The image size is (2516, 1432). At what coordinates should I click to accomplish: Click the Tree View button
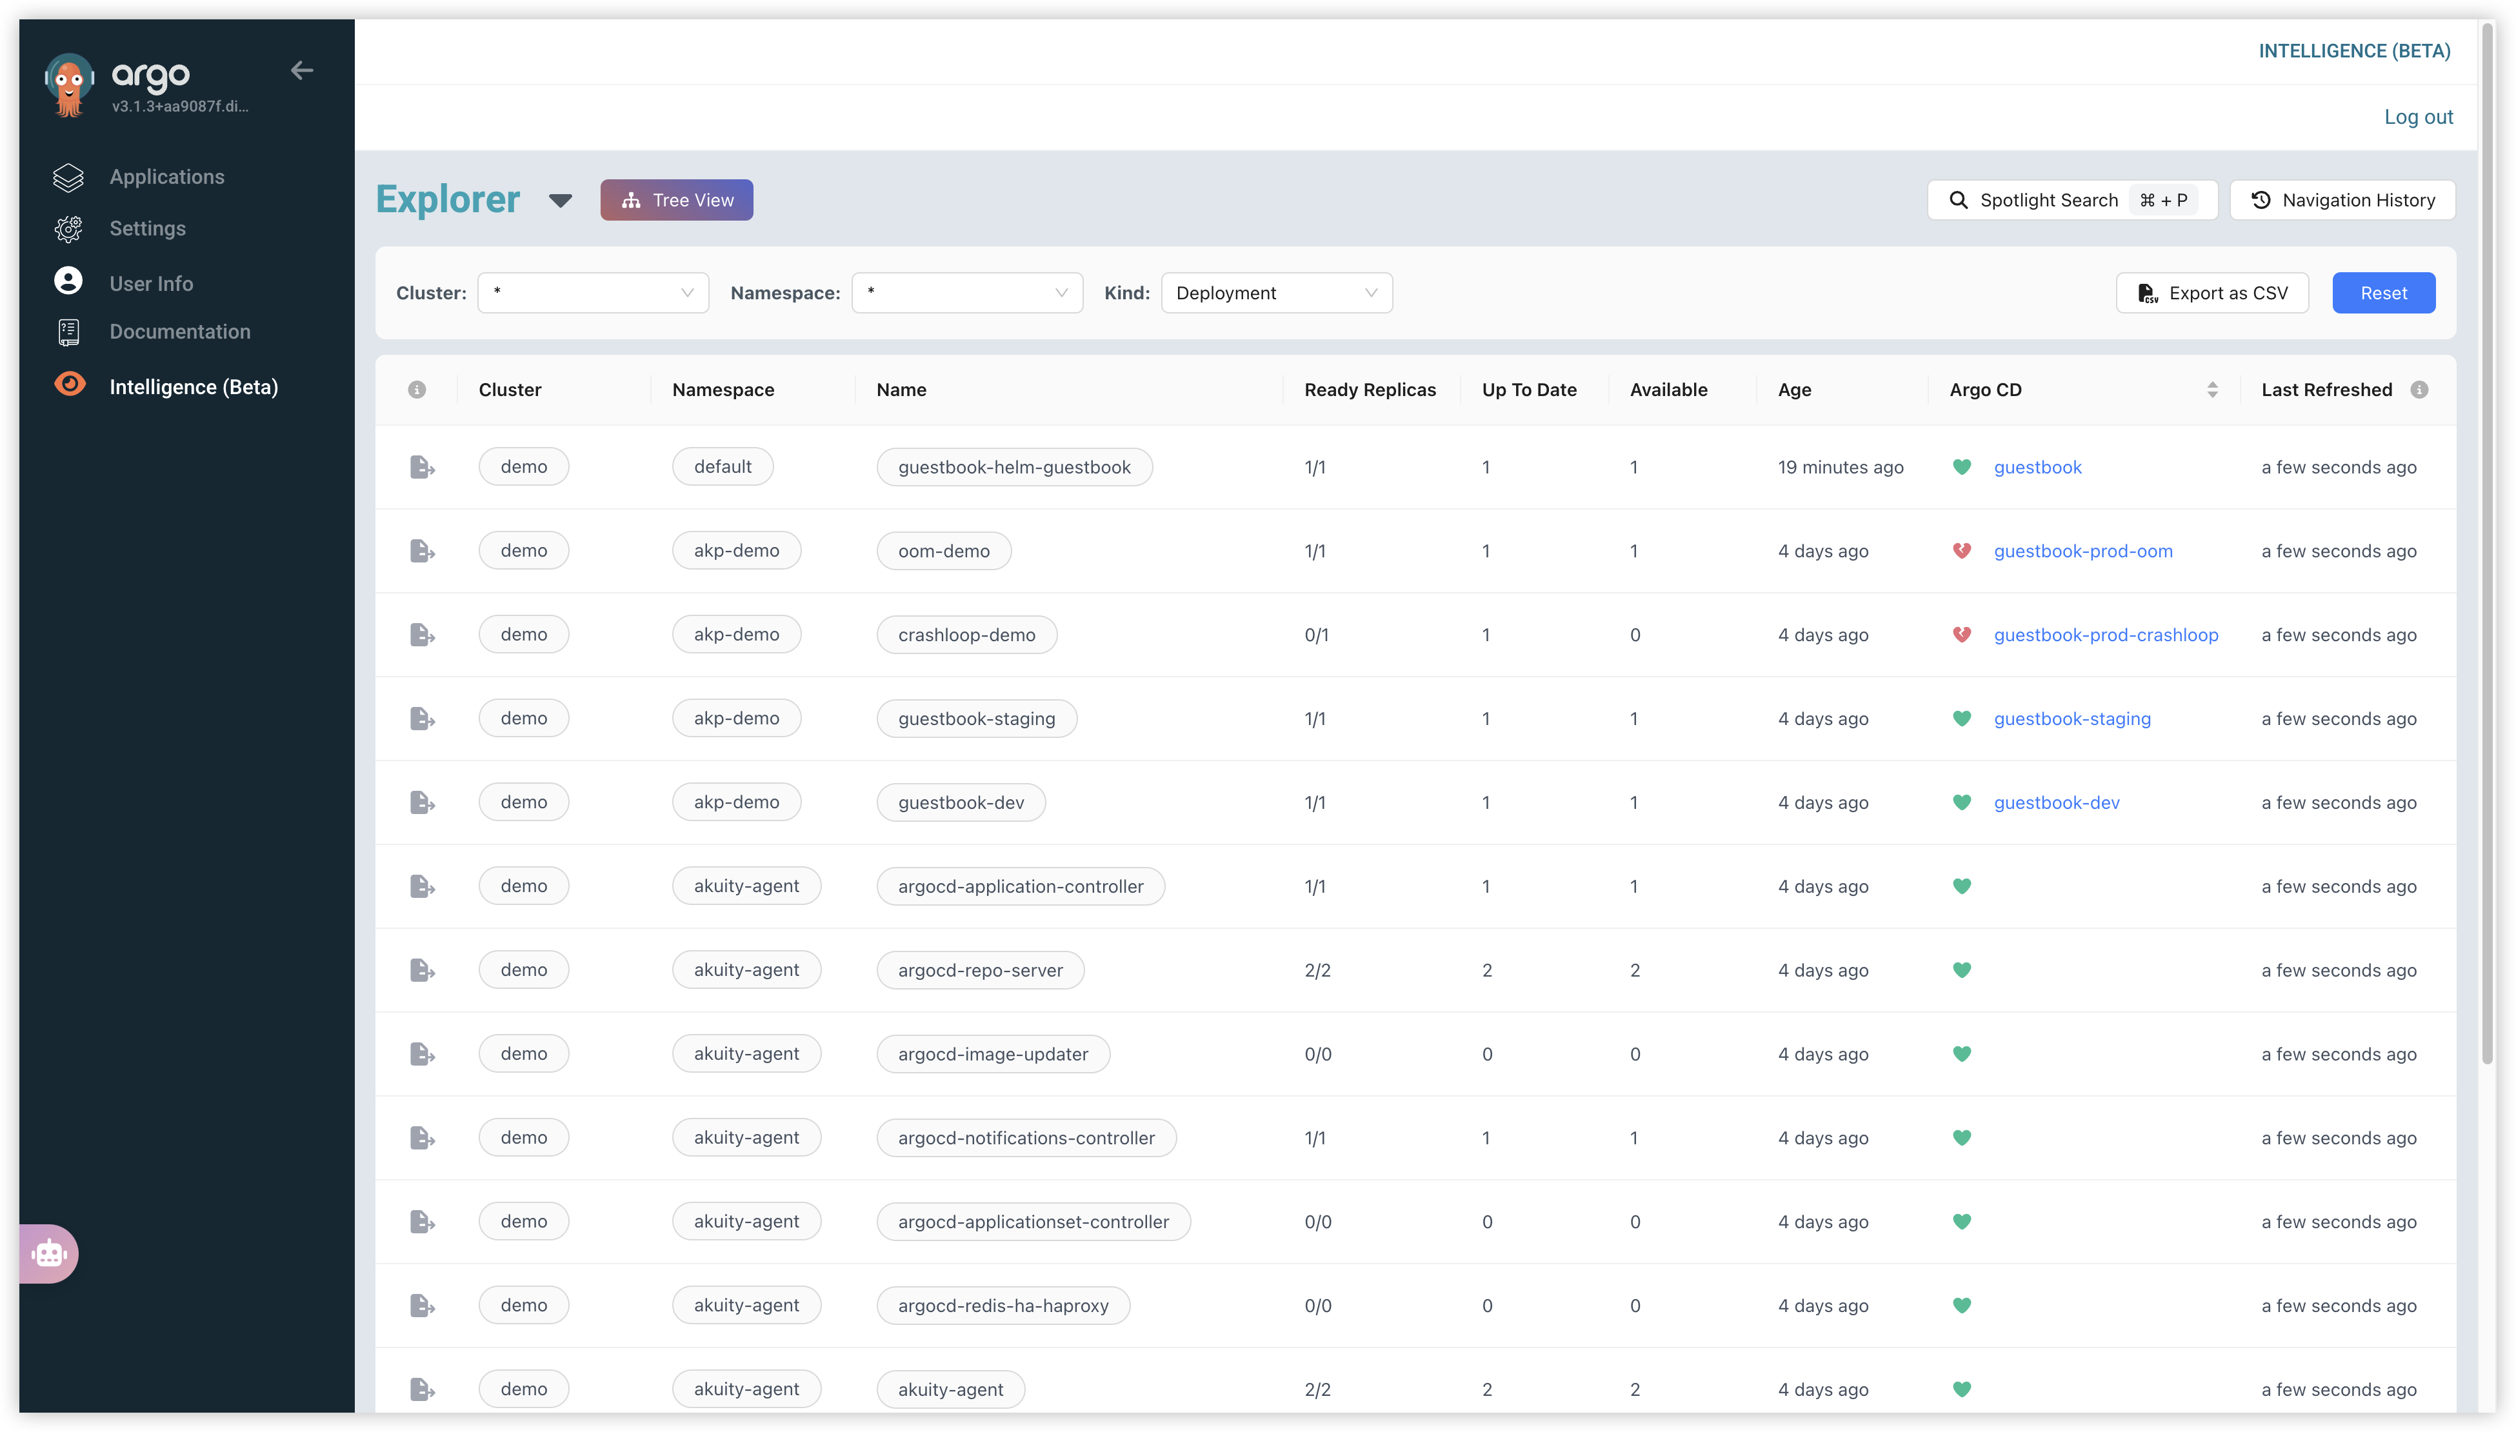(677, 200)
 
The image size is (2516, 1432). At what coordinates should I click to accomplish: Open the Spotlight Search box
(2072, 200)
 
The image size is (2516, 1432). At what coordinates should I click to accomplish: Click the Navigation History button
(2342, 200)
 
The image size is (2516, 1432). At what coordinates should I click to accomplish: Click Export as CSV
(2212, 293)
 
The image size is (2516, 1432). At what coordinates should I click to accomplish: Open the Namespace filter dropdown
(967, 293)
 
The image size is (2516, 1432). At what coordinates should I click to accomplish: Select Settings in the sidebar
(148, 228)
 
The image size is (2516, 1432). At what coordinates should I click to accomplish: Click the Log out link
(2419, 117)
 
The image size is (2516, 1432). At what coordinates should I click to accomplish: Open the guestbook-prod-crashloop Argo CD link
(2106, 634)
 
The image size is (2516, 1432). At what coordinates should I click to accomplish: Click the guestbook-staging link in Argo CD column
(2072, 719)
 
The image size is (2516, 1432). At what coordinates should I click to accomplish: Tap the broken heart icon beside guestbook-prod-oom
(1961, 551)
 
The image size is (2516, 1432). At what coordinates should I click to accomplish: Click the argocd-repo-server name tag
(981, 970)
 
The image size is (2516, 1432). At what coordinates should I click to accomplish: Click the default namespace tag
(723, 466)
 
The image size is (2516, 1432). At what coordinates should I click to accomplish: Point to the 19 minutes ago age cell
(1841, 467)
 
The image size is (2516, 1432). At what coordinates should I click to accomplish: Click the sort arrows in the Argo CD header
(2212, 390)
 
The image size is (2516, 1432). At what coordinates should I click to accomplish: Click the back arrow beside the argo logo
(302, 70)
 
